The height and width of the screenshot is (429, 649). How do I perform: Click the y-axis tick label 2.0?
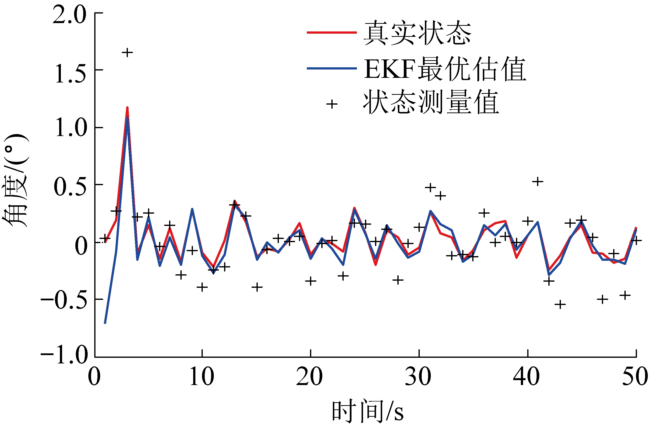coord(69,15)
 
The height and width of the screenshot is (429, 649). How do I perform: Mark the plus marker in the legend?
coord(332,104)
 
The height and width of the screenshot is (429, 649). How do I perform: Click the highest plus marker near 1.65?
coord(127,52)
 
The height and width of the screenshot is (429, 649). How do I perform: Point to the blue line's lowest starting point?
coord(105,323)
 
